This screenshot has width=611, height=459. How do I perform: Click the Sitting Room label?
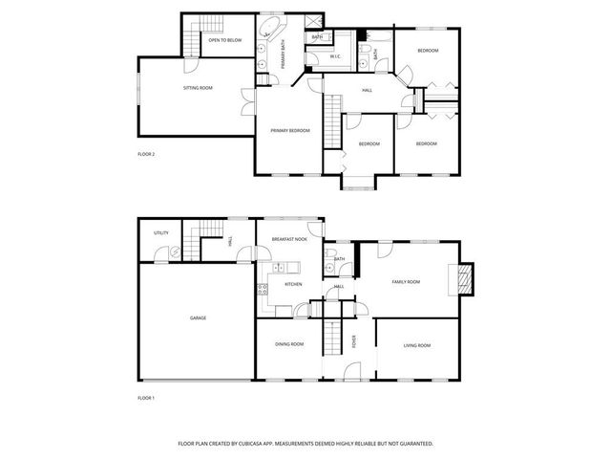pyautogui.click(x=198, y=88)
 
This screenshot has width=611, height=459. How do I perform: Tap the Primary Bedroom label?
pyautogui.click(x=290, y=130)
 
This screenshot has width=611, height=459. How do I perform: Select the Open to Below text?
pyautogui.click(x=225, y=41)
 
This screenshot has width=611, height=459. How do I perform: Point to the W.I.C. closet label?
pyautogui.click(x=335, y=56)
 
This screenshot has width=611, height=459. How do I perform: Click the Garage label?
pyautogui.click(x=198, y=317)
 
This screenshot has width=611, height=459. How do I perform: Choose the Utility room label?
pyautogui.click(x=160, y=232)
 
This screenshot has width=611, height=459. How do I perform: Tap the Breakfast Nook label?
pyautogui.click(x=289, y=239)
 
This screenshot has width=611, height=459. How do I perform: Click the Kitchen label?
pyautogui.click(x=293, y=284)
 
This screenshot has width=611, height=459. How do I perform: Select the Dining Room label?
pyautogui.click(x=289, y=344)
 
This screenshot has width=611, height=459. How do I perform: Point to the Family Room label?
pyautogui.click(x=406, y=282)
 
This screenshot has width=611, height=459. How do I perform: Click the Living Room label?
pyautogui.click(x=417, y=345)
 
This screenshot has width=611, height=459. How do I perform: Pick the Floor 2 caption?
pyautogui.click(x=146, y=154)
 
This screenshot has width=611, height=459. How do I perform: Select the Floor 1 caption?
pyautogui.click(x=146, y=397)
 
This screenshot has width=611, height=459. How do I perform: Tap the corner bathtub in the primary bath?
pyautogui.click(x=270, y=26)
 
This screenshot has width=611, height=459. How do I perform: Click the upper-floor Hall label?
pyautogui.click(x=367, y=91)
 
